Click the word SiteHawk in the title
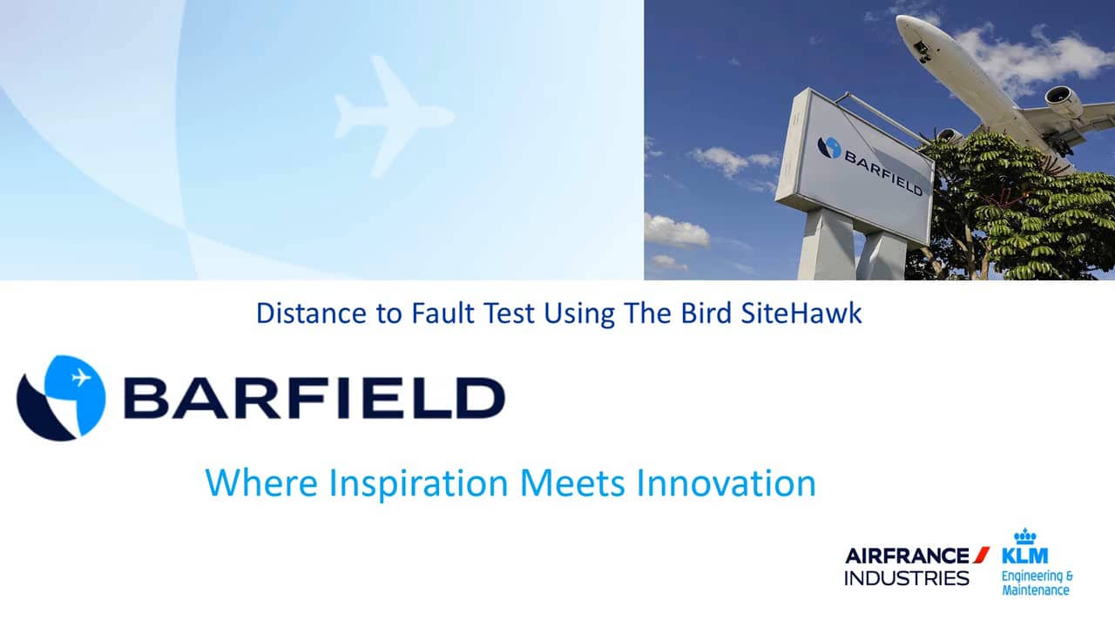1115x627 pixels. tap(801, 313)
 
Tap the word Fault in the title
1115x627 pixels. tap(443, 313)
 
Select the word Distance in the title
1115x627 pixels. tap(311, 313)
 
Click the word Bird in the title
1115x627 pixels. tap(706, 313)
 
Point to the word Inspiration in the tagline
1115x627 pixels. tap(419, 483)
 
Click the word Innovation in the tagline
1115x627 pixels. tap(726, 482)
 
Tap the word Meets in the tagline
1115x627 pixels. tap(572, 482)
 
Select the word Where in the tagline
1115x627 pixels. tap(261, 482)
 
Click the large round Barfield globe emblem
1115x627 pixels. tap(61, 398)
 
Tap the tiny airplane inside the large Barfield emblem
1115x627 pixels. tap(81, 378)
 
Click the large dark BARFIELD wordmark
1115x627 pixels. tap(314, 398)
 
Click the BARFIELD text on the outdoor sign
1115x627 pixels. tap(883, 173)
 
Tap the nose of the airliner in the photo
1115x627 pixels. tap(903, 23)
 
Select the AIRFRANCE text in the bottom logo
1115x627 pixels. tap(907, 556)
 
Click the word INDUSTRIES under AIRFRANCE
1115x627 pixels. tap(907, 578)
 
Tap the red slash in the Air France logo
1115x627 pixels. tap(981, 555)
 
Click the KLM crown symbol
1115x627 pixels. tap(1025, 536)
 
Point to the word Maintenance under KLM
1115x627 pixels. tap(1036, 590)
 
